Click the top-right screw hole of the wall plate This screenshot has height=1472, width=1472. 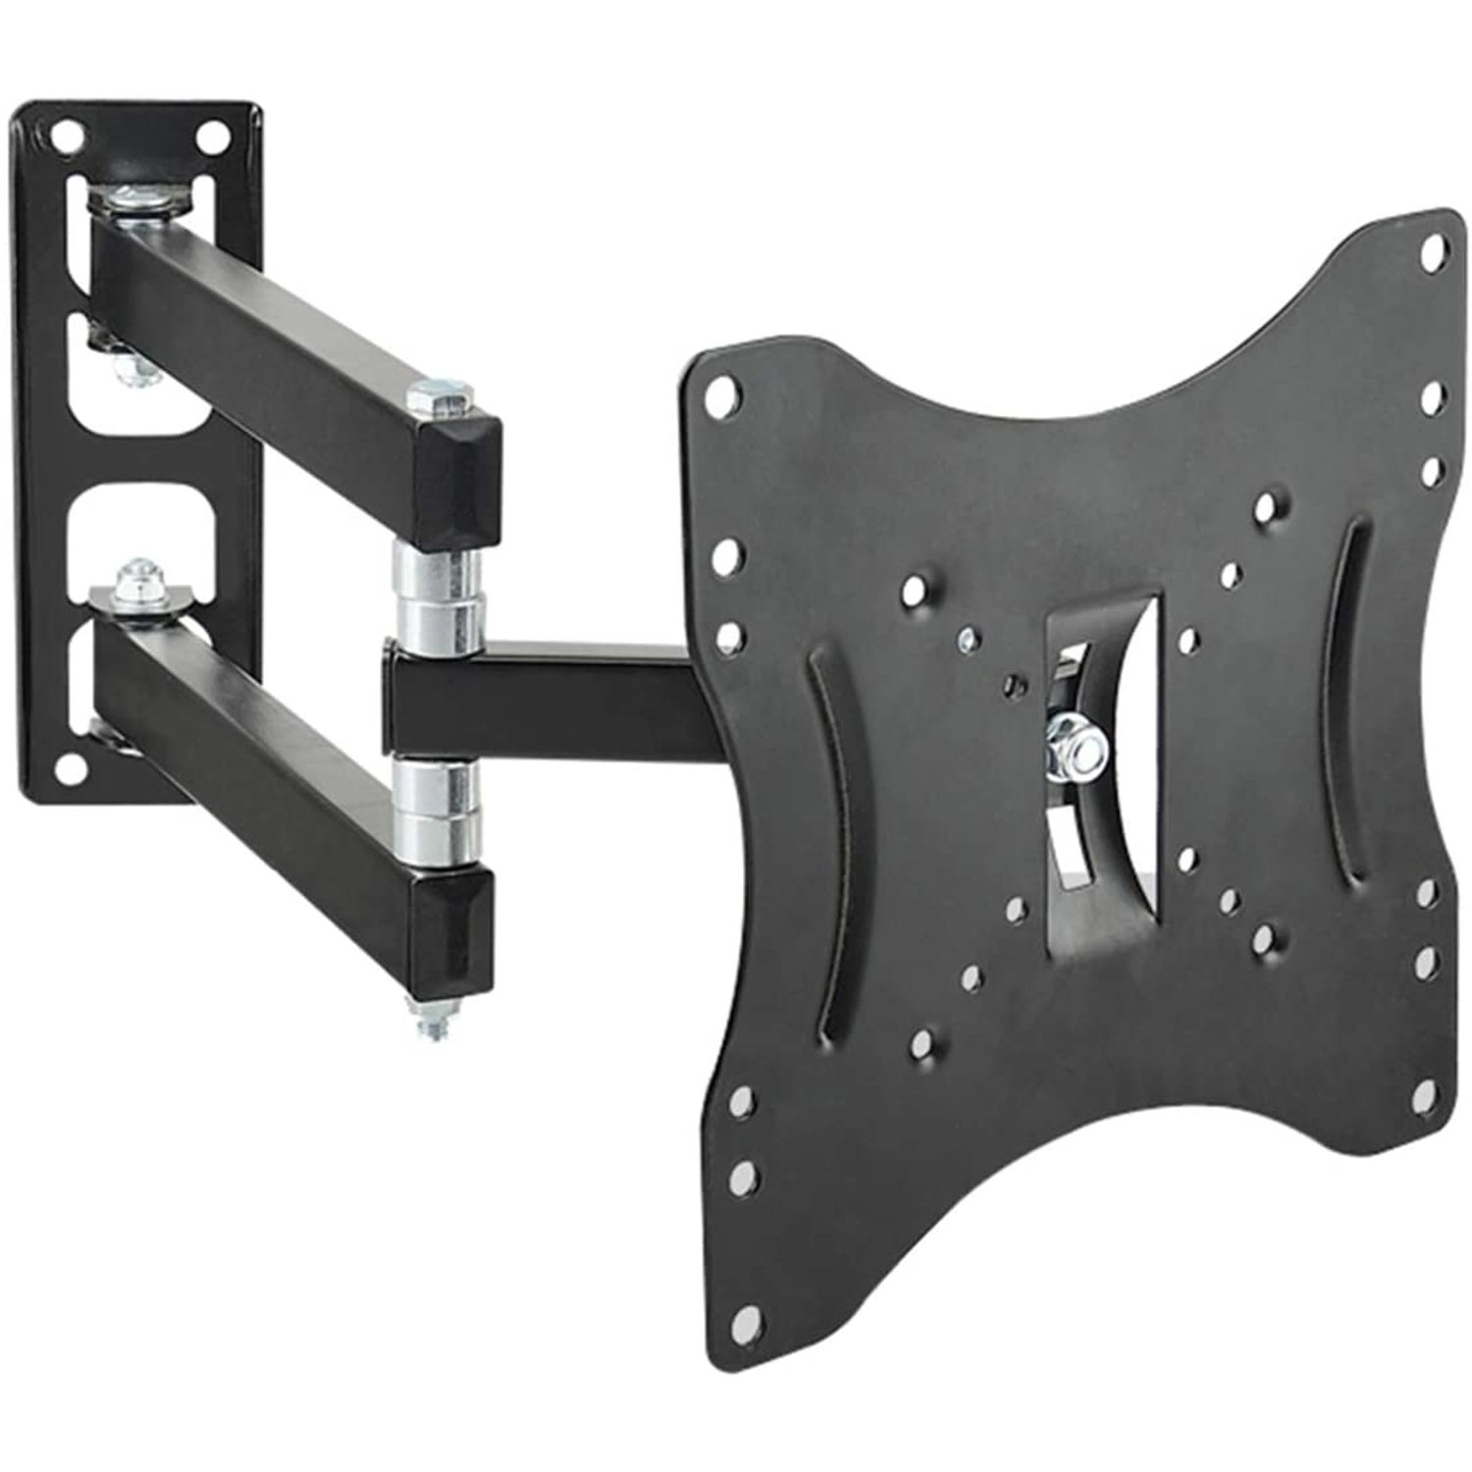click(209, 136)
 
